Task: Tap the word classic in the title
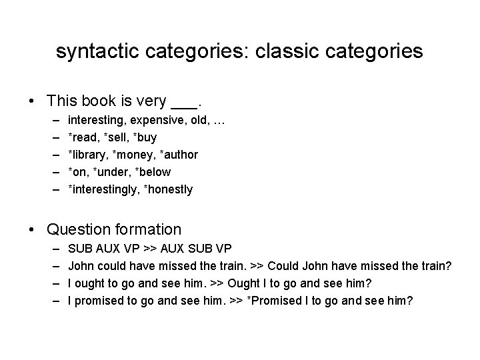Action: click(x=283, y=52)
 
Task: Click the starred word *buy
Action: click(x=144, y=137)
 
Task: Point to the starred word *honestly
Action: click(x=167, y=189)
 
